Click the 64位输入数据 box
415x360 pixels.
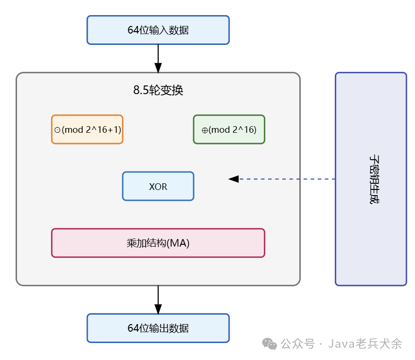click(158, 30)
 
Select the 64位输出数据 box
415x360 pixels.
click(158, 328)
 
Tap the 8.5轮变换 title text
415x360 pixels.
click(158, 91)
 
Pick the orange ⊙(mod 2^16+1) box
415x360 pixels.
click(87, 129)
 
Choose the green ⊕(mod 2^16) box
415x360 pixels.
click(229, 129)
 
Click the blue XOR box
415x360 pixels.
click(158, 186)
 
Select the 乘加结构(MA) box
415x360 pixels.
click(158, 243)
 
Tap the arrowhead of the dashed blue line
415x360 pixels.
click(233, 179)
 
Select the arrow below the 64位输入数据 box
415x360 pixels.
click(158, 58)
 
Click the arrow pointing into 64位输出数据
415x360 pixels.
click(158, 300)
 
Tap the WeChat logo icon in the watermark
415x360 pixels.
click(270, 344)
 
